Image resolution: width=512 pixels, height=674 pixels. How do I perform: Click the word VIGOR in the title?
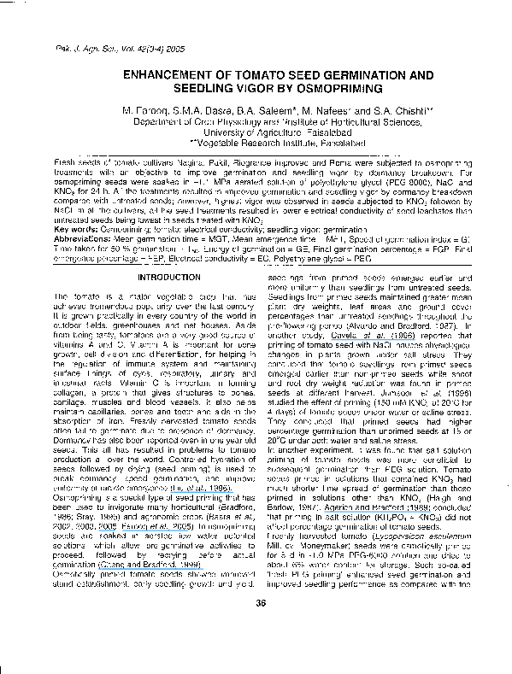pyautogui.click(x=265, y=89)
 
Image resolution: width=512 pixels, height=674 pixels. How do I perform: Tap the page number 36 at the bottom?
pyautogui.click(x=256, y=652)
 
